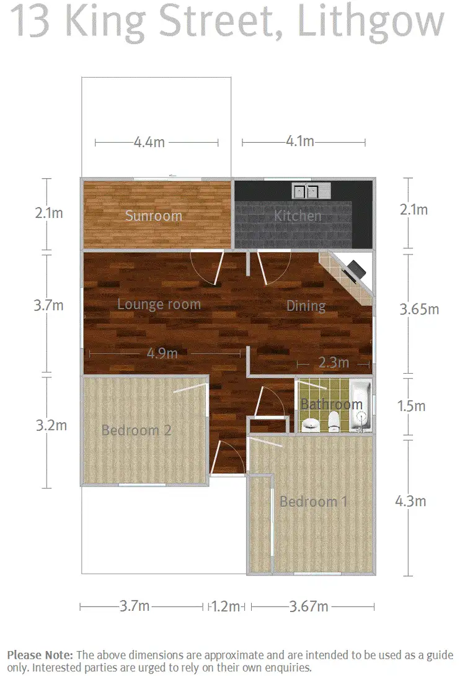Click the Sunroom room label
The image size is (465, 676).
(x=154, y=216)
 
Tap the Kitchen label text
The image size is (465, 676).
(x=298, y=216)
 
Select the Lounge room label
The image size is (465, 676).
(x=159, y=304)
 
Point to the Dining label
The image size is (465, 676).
(x=306, y=305)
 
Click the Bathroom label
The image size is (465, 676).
(x=331, y=404)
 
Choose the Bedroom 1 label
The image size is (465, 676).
(x=313, y=501)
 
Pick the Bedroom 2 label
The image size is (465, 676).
(x=136, y=430)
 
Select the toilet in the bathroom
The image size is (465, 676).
(x=334, y=420)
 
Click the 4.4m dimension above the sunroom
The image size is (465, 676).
(x=149, y=142)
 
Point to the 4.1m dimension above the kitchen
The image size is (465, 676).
(x=299, y=142)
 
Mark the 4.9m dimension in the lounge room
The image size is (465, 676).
(x=162, y=353)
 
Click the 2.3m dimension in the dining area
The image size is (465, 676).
(x=334, y=362)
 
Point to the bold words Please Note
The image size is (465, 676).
(x=40, y=655)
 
